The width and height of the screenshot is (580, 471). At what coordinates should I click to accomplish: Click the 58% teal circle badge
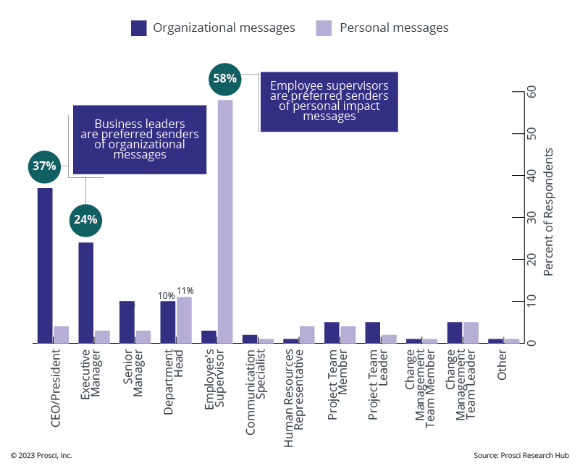coord(224,78)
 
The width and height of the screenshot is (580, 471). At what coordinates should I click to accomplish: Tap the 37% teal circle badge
coord(44,166)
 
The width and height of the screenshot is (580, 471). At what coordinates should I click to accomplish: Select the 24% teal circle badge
coord(85,219)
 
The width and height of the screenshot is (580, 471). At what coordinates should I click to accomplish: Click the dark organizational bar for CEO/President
coord(45,265)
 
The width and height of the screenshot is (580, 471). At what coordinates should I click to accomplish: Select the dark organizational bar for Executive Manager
coord(86,292)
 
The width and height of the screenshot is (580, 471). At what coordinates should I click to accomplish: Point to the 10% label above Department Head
coord(167,295)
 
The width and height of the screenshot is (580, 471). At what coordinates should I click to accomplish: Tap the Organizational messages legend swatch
coord(139,28)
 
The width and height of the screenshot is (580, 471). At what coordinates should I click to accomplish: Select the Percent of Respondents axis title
coord(548,211)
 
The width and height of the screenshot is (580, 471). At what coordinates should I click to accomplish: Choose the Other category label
coord(503,366)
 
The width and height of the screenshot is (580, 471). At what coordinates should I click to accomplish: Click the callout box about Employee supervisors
coord(329,101)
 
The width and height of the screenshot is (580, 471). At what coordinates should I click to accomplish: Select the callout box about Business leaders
coord(139,139)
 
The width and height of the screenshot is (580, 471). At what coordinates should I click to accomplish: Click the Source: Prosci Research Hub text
coord(521,455)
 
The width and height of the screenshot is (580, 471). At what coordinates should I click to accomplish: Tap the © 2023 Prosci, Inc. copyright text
coord(41,455)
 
